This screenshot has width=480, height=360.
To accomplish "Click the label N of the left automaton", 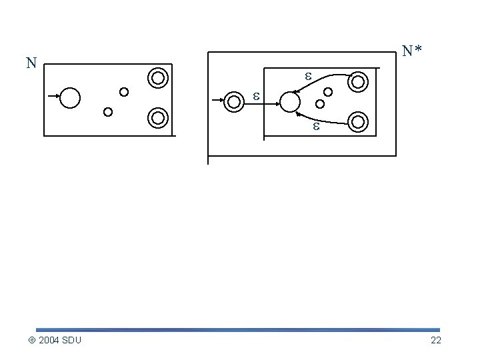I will [31, 64].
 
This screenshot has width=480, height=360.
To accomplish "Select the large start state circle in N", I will [70, 98].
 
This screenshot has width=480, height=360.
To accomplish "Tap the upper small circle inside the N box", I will [124, 92].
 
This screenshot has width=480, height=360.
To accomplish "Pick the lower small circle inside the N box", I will [109, 111].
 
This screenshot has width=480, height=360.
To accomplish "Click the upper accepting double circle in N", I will [158, 79].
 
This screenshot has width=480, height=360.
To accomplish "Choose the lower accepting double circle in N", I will [158, 118].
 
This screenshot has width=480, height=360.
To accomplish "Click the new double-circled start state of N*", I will [234, 101].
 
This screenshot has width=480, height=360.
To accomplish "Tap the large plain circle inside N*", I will [290, 102].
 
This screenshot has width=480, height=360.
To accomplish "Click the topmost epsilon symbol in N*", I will [308, 77].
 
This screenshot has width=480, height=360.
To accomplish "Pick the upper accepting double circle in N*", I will [358, 82].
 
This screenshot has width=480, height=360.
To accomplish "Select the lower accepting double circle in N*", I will [358, 121].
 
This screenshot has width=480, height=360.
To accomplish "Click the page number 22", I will [436, 341].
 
